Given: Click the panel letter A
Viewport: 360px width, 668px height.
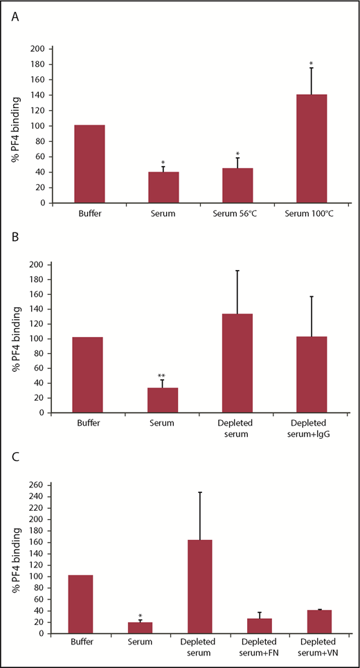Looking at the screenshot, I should pos(15,19).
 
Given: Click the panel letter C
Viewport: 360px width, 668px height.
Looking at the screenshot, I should pos(15,458).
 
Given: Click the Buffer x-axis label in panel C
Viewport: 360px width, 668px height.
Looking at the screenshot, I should pos(82,644).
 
